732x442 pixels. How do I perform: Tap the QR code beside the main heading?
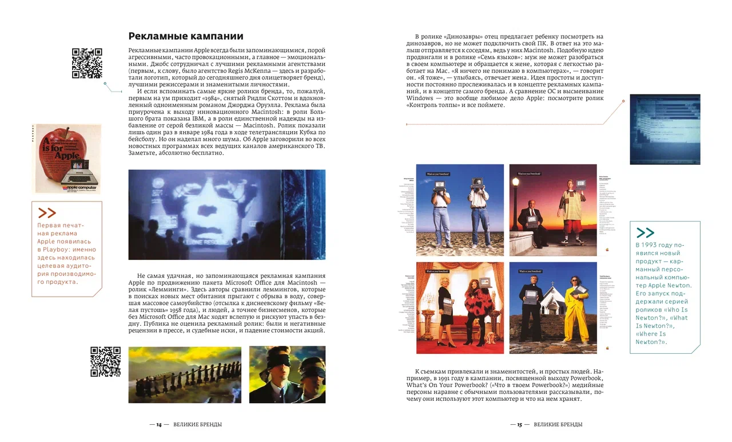click(87, 63)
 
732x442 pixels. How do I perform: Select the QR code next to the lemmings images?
click(105, 361)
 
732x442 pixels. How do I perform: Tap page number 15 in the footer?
click(520, 424)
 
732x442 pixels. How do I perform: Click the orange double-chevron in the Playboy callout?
click(47, 214)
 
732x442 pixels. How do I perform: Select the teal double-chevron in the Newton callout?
click(645, 232)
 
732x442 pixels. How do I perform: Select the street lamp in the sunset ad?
click(515, 200)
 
